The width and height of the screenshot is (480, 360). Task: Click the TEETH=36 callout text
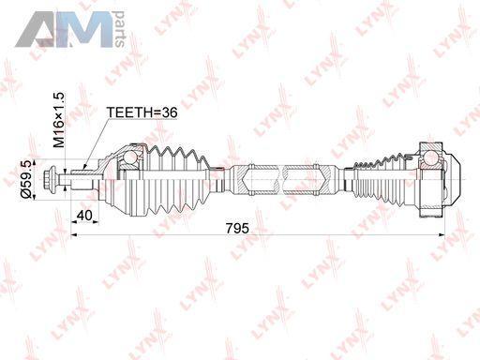[142, 112]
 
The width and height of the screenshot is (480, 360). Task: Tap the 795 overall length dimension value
[237, 229]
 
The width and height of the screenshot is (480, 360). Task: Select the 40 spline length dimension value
[84, 216]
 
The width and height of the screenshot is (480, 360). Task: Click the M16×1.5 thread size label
[58, 120]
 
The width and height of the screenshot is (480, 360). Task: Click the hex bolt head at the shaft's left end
[51, 180]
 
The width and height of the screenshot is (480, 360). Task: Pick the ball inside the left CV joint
[130, 157]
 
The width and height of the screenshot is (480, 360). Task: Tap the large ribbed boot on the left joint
[176, 180]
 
